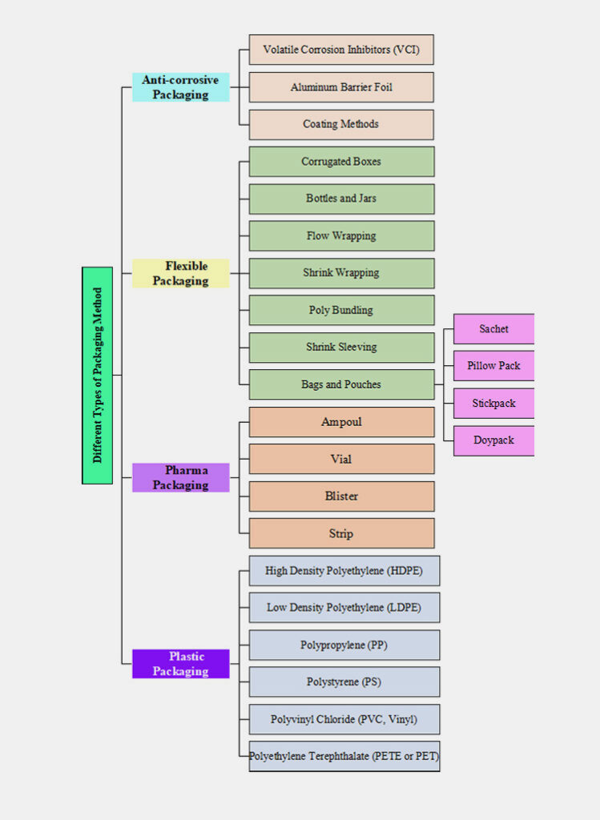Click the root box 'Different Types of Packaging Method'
click(x=97, y=375)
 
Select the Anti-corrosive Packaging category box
click(x=180, y=87)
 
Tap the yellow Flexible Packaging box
click(x=180, y=273)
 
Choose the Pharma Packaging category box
click(x=180, y=477)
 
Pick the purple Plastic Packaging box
click(x=180, y=664)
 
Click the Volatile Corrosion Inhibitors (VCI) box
click(x=341, y=50)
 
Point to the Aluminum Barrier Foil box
click(x=341, y=87)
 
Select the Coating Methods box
click(x=341, y=124)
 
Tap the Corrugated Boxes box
click(x=341, y=161)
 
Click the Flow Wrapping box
click(x=341, y=235)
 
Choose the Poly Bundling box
click(x=341, y=310)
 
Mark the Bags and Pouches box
click(x=341, y=384)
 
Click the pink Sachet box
click(x=493, y=329)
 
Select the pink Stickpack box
click(x=493, y=403)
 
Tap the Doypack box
click(x=493, y=440)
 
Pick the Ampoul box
click(x=341, y=422)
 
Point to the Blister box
click(x=341, y=496)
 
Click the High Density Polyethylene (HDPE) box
click(x=344, y=571)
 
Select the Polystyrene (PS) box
click(x=344, y=681)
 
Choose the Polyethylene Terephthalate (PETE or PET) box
click(x=344, y=756)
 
